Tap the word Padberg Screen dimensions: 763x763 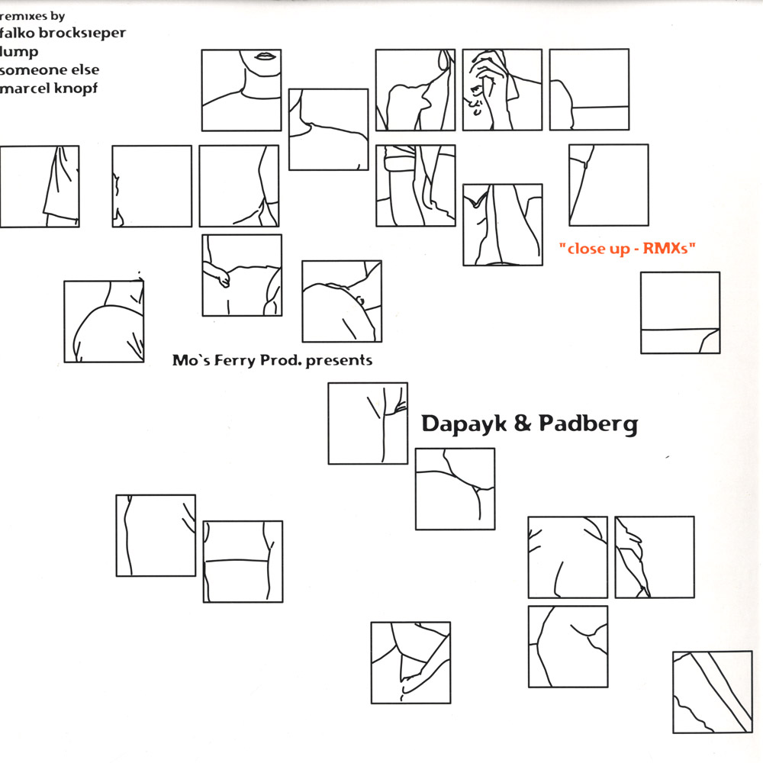click(x=588, y=423)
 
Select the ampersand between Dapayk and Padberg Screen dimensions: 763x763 click(x=522, y=423)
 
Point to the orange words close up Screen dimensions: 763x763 click(x=598, y=250)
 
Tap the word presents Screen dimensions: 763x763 click(x=339, y=361)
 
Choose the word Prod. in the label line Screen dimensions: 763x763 click(x=281, y=360)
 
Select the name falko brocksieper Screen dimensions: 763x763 click(x=63, y=33)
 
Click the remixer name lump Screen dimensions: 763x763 click(x=19, y=52)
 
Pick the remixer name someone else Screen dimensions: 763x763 click(x=49, y=70)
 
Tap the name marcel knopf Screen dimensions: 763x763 click(x=49, y=89)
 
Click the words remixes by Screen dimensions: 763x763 click(x=32, y=16)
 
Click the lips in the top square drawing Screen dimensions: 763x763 click(x=266, y=56)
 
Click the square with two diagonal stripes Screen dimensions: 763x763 click(x=713, y=692)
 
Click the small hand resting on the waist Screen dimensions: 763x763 click(x=218, y=273)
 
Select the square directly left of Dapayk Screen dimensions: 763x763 click(x=368, y=423)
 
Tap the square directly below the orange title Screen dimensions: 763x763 click(x=681, y=313)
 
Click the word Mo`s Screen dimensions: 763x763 click(x=191, y=360)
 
